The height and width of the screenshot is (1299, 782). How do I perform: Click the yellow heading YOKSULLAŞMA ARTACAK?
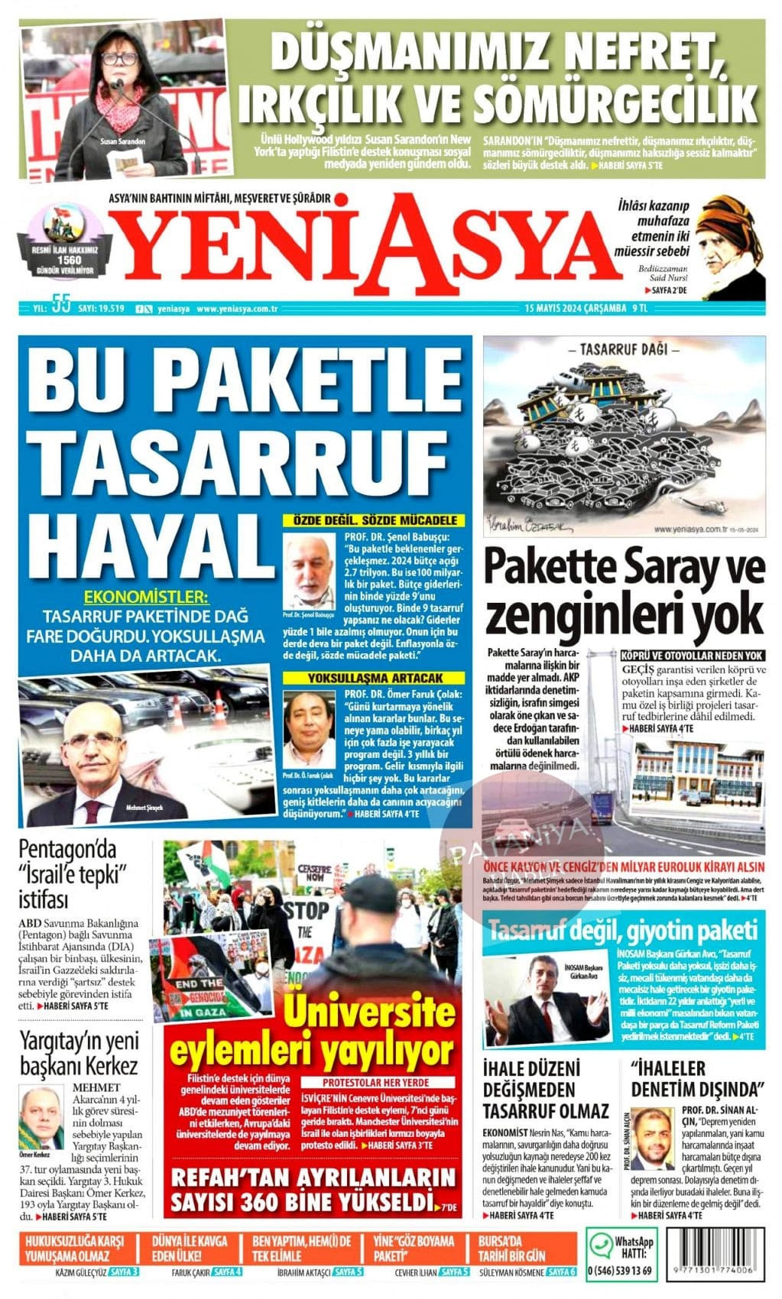click(x=375, y=678)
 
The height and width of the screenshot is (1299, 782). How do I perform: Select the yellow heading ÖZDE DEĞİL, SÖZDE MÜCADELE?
click(x=375, y=520)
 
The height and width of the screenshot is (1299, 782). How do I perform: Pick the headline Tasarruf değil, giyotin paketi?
click(x=623, y=931)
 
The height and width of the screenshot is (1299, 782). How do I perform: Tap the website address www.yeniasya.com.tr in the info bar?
click(x=236, y=309)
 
